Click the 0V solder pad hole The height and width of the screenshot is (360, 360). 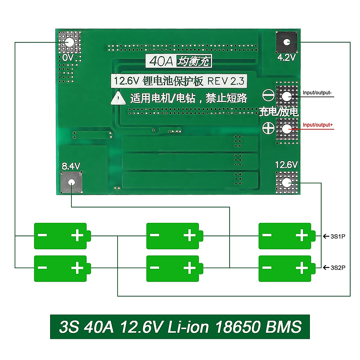(69, 42)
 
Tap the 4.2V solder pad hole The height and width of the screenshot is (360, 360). (287, 42)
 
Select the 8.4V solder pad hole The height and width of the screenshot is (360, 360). (71, 182)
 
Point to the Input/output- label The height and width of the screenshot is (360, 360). (317, 93)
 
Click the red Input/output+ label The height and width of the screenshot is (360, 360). (318, 125)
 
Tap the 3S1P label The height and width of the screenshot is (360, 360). (338, 236)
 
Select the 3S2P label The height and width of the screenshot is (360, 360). (338, 268)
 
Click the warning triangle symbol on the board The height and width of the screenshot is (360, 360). (118, 98)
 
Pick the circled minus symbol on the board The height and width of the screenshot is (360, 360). (268, 95)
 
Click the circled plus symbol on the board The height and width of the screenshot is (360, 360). (268, 128)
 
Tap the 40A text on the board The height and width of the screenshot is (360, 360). (161, 61)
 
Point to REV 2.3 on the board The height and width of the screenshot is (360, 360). (226, 81)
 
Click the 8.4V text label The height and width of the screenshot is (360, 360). (71, 166)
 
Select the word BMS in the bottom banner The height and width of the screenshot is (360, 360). (283, 327)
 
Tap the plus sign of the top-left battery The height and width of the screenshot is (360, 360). (77, 235)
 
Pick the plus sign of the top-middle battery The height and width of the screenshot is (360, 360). (189, 235)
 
